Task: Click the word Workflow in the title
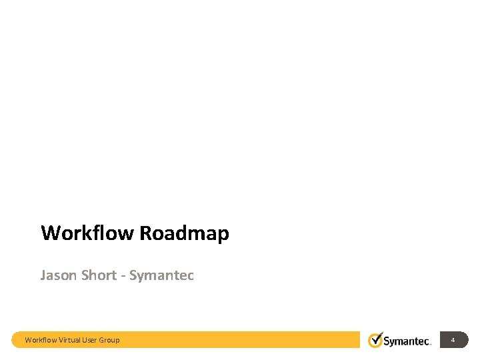(88, 233)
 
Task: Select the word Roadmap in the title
(185, 233)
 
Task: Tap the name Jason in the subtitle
(58, 275)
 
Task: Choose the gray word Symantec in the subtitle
(162, 275)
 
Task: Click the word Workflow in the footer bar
(41, 340)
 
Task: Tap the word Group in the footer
(109, 340)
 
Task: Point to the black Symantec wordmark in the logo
(407, 341)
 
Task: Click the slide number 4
(453, 340)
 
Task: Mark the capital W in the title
(49, 233)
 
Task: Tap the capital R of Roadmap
(146, 233)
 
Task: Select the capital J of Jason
(43, 275)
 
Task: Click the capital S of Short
(85, 275)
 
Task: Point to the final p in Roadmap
(223, 235)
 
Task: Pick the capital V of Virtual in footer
(61, 340)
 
